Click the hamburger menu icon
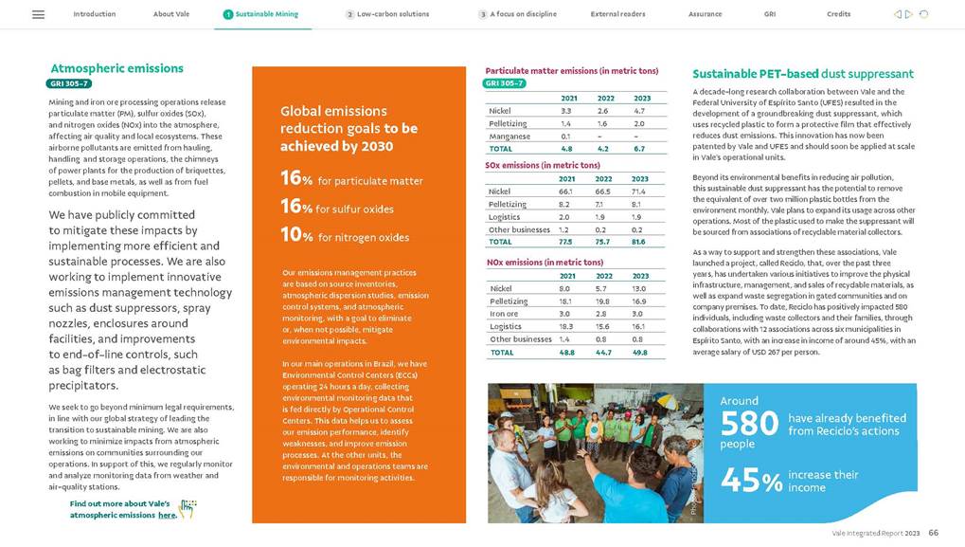[x=38, y=14]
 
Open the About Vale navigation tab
[x=170, y=14]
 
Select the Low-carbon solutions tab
[x=392, y=14]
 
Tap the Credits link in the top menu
[x=838, y=14]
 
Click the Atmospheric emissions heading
[x=116, y=68]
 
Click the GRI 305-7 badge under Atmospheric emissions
[x=70, y=83]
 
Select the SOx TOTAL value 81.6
[x=639, y=242]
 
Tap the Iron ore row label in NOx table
[x=504, y=313]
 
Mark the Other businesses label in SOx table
[x=519, y=229]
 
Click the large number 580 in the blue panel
[x=749, y=424]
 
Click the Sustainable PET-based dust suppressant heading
[x=802, y=74]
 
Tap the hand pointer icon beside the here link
[x=188, y=510]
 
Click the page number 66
[x=933, y=534]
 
